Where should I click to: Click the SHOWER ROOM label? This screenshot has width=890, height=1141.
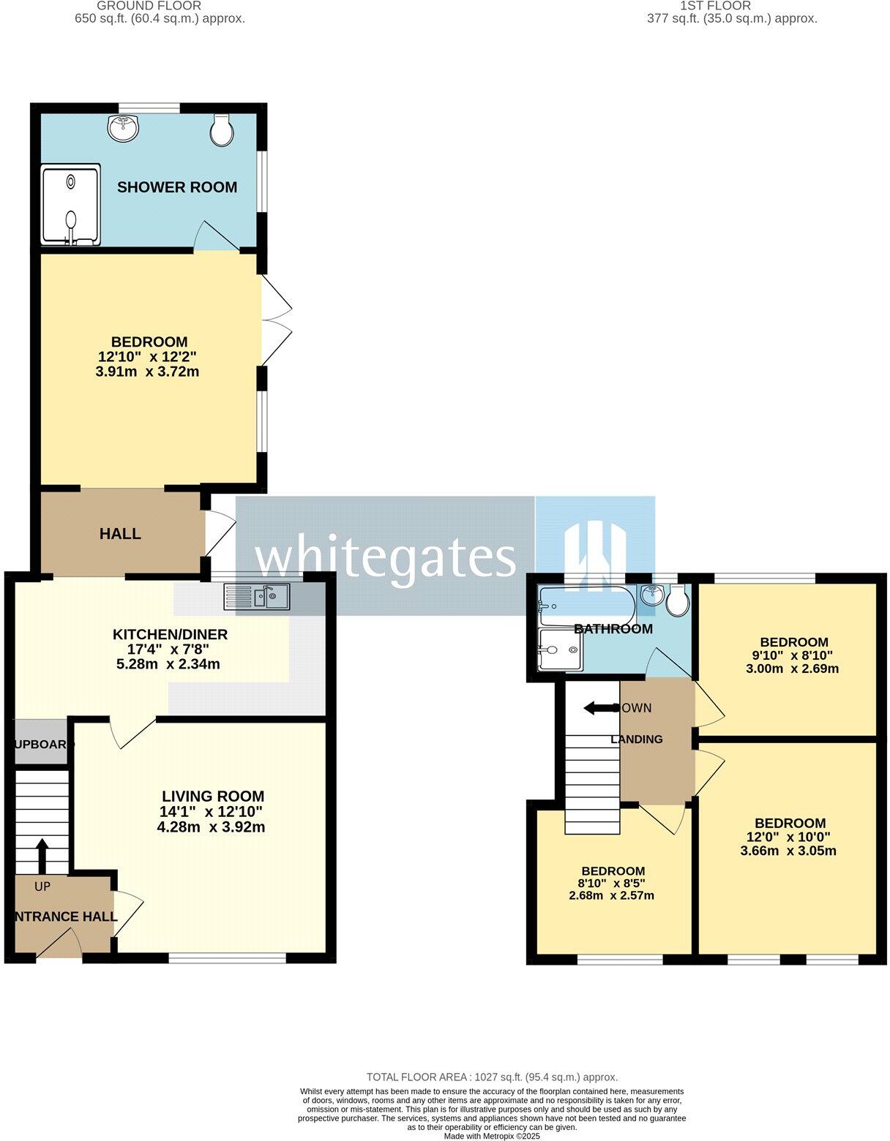tap(177, 187)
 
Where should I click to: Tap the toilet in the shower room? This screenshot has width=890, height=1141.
tap(222, 129)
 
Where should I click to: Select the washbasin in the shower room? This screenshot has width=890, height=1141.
tap(124, 129)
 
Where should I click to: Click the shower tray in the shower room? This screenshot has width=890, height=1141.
tap(70, 204)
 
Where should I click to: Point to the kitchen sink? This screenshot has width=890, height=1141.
tap(258, 598)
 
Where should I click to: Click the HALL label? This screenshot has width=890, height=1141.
tap(120, 534)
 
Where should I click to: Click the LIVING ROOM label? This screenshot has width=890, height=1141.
tap(213, 796)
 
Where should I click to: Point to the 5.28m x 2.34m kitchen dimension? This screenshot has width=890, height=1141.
tap(168, 665)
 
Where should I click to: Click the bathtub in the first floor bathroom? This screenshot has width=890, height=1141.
tap(586, 605)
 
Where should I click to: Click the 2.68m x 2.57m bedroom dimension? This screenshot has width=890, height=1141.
tap(611, 895)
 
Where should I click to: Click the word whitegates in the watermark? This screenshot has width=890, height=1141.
tap(385, 558)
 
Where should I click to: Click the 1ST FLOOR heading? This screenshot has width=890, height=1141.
tap(705, 6)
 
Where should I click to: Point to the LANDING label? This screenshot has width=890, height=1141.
tap(637, 739)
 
